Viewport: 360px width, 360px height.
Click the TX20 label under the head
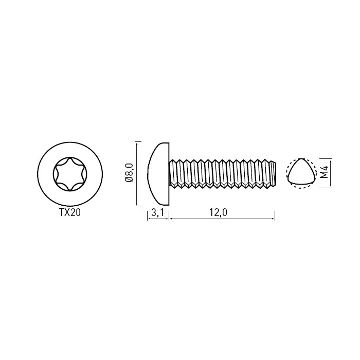click(x=70, y=213)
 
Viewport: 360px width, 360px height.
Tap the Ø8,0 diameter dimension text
click(x=129, y=173)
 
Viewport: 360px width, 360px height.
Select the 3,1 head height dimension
click(x=157, y=213)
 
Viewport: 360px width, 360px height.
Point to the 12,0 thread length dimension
click(x=218, y=213)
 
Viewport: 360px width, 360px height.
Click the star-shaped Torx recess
click(x=70, y=174)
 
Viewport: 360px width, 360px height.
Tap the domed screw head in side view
click(x=158, y=174)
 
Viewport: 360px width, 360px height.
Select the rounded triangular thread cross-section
click(x=300, y=172)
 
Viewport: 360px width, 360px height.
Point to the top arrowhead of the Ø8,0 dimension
click(x=137, y=143)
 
